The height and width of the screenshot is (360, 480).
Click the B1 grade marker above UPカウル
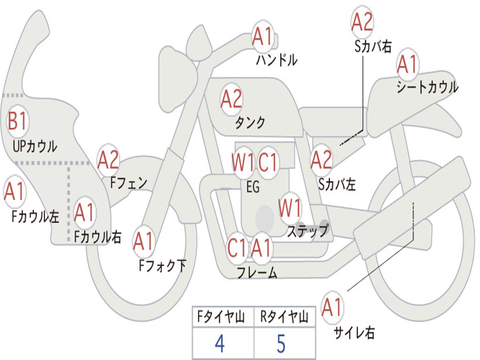(18, 121)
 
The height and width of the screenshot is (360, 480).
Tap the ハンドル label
(277, 60)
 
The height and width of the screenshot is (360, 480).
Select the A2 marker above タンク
(232, 99)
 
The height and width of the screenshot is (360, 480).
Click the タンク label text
(250, 122)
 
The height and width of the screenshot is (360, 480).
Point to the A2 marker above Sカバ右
(362, 22)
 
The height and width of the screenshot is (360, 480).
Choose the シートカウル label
(427, 87)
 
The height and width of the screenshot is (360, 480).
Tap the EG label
(253, 187)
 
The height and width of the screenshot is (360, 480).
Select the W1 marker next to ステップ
(290, 208)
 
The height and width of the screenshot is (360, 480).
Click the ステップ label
(308, 231)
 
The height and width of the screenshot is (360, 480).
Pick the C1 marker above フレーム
(237, 247)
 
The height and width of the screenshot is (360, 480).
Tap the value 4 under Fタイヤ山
(219, 344)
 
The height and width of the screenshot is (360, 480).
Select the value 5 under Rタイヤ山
(281, 344)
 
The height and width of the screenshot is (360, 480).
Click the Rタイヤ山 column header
(284, 316)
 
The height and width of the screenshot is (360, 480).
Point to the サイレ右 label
(354, 332)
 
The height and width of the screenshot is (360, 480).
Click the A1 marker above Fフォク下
(143, 241)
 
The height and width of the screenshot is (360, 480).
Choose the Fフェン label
(129, 183)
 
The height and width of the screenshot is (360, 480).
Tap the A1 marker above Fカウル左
(15, 191)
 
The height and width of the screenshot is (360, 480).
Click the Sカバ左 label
(337, 185)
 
